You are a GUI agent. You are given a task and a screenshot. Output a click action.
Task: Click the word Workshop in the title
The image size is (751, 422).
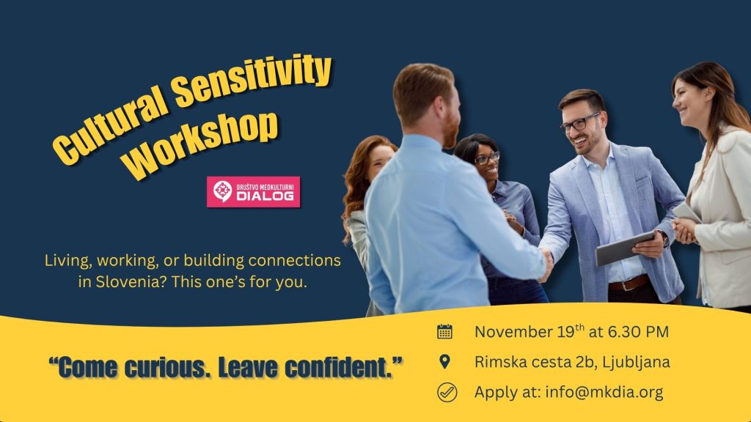[201, 144]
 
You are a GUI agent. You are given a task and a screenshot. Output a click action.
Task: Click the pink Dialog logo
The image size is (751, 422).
[253, 192]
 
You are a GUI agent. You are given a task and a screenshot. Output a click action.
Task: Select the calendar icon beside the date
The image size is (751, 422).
[444, 331]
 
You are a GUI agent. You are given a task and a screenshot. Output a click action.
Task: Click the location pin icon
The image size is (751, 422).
[444, 362]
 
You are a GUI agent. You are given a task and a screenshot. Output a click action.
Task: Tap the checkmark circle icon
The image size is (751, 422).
[447, 393]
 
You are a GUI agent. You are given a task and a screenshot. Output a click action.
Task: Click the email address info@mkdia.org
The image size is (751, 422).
[604, 393]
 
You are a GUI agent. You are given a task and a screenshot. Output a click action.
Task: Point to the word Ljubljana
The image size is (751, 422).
[636, 363]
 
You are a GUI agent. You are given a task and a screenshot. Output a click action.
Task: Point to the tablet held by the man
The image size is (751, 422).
[625, 248]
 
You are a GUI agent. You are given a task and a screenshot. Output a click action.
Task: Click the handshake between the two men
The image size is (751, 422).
[545, 262]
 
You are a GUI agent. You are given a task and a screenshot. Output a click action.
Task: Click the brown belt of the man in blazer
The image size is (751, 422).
[628, 283]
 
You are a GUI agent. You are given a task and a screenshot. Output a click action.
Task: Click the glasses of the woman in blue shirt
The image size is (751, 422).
[487, 158]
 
